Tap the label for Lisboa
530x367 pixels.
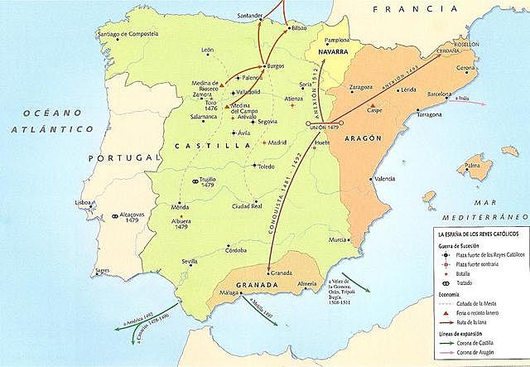click(x=82, y=202)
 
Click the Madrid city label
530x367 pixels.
click(x=279, y=142)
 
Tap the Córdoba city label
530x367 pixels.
click(x=236, y=250)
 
